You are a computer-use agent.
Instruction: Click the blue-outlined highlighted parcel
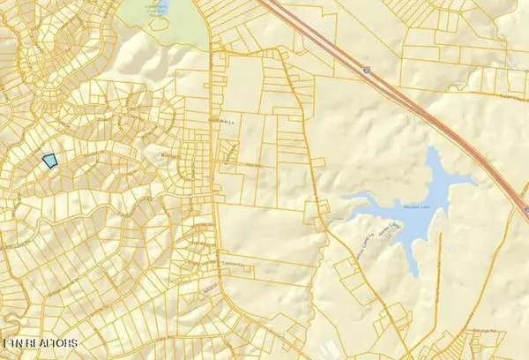pyautogui.click(x=49, y=161)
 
